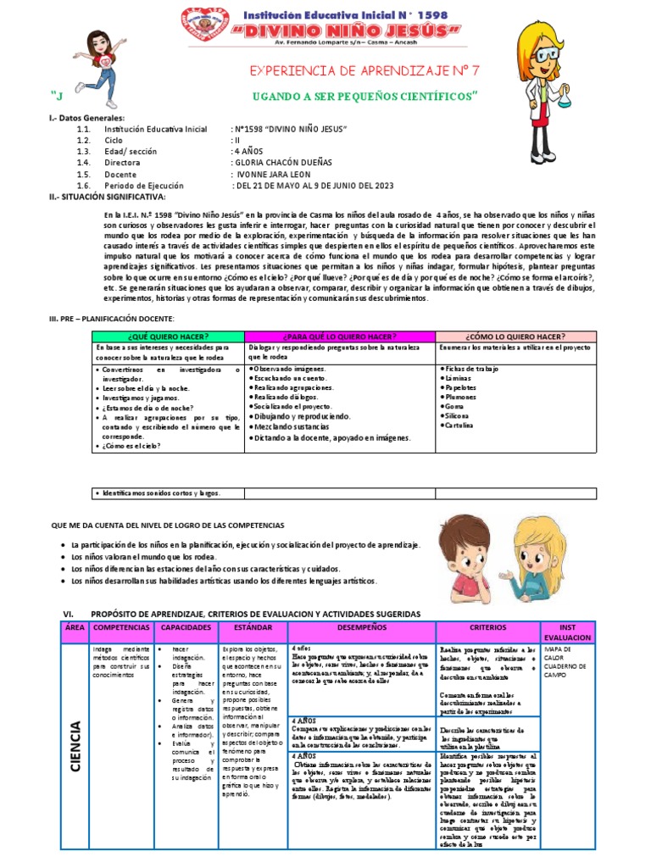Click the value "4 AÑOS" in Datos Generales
point(248,151)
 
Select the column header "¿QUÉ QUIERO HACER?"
point(169,337)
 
